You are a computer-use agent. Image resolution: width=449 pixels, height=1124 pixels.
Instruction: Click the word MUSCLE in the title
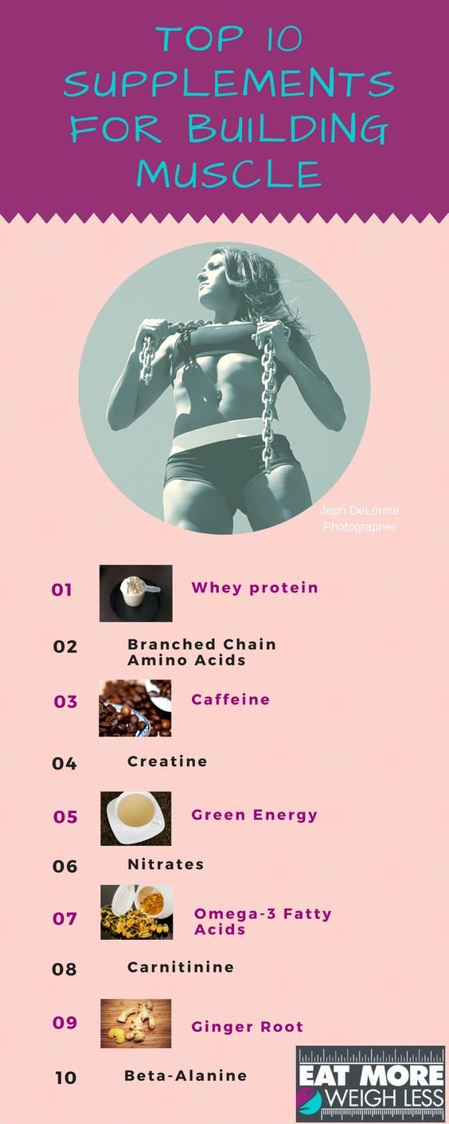[228, 174]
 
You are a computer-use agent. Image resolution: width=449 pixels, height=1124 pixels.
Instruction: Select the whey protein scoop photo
[136, 593]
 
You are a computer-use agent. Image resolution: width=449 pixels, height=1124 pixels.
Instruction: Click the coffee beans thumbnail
[135, 708]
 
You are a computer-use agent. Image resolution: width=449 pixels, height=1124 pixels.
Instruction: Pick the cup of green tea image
[136, 819]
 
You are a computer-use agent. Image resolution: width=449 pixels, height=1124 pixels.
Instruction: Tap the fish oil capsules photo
[137, 912]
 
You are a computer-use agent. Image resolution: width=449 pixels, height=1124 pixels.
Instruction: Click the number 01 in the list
[61, 590]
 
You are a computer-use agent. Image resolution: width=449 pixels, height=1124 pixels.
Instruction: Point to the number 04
[64, 764]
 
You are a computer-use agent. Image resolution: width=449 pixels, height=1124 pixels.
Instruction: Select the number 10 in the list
[65, 1077]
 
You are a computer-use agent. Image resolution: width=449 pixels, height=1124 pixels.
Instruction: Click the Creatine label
[167, 761]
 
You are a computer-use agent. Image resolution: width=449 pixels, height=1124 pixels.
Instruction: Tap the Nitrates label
[166, 864]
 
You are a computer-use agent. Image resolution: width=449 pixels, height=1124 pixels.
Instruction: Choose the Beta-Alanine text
[186, 1075]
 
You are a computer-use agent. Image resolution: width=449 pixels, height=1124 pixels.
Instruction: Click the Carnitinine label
[181, 967]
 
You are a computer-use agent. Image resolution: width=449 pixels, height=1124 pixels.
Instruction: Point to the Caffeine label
[231, 699]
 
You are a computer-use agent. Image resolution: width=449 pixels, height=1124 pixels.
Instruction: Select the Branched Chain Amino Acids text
[202, 652]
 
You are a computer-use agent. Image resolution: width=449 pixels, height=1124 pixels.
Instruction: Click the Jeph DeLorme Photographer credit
[360, 518]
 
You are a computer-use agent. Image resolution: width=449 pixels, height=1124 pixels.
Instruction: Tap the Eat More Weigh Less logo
[370, 1084]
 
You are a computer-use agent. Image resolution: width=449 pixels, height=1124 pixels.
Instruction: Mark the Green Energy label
[255, 815]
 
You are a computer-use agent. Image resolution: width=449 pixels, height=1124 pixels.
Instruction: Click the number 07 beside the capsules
[64, 919]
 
